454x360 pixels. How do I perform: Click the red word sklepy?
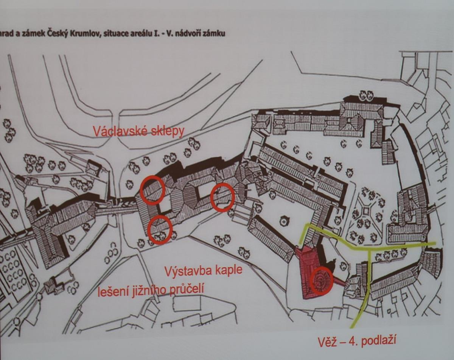(168, 132)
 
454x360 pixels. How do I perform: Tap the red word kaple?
(228, 271)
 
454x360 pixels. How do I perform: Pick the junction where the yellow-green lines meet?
(369, 250)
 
